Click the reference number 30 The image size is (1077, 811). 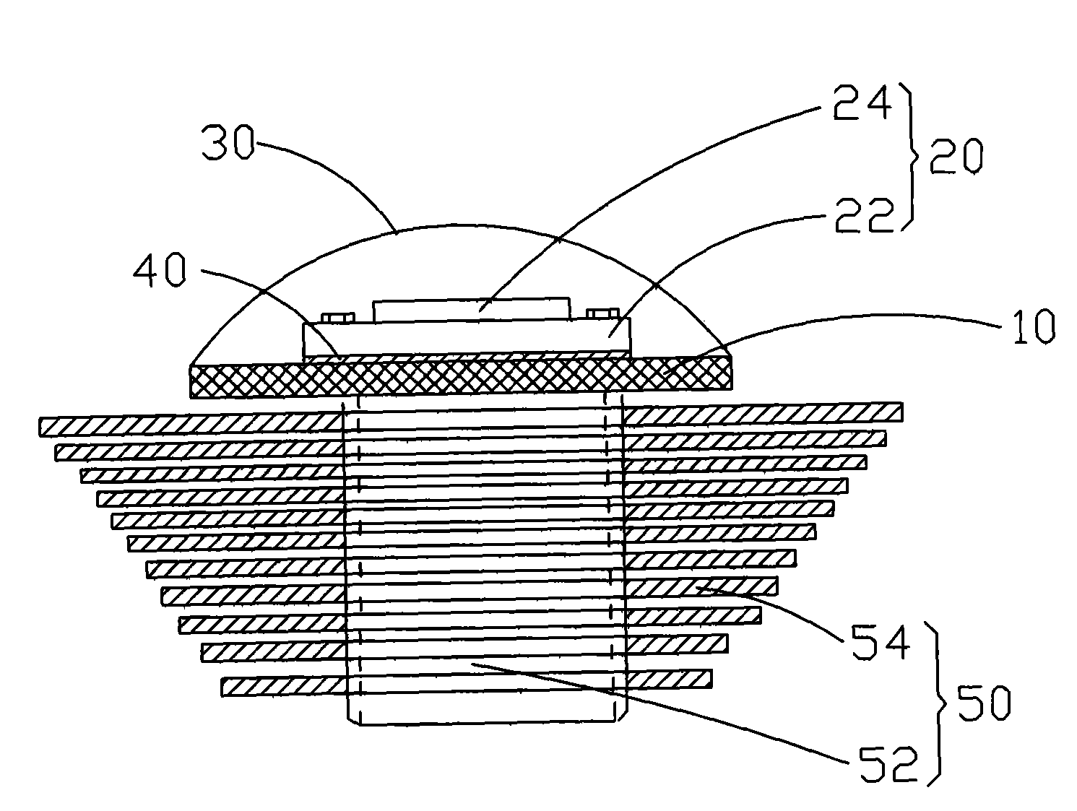[x=228, y=142]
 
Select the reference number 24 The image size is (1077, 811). [x=862, y=103]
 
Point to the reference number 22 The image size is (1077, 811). [x=865, y=214]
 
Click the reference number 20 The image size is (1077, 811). [x=956, y=157]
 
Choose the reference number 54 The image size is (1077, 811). [x=881, y=642]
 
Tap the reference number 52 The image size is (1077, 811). [x=888, y=763]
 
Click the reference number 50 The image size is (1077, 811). [x=985, y=703]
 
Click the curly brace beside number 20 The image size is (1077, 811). [x=912, y=157]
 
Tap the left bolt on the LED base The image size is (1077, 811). [x=337, y=318]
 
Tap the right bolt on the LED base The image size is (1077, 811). [x=603, y=314]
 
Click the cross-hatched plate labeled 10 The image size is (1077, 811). [x=461, y=376]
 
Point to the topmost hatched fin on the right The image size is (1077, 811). [x=763, y=412]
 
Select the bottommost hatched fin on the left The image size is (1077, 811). [x=284, y=687]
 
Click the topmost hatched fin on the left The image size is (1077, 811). [x=191, y=425]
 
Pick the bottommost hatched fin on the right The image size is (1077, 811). [x=669, y=679]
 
